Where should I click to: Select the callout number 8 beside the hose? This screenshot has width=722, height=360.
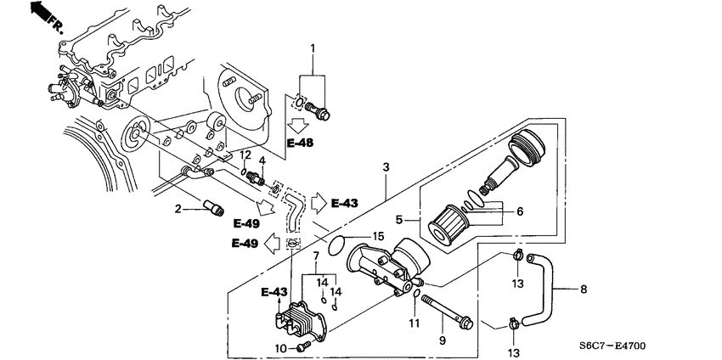584,290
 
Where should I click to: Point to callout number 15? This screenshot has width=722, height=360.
380,235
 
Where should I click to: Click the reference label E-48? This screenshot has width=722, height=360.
301,143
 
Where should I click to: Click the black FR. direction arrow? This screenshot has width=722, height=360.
37,12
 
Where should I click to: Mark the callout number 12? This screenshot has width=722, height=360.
245,155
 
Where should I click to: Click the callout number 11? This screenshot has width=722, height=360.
415,323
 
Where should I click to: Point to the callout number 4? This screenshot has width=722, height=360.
262,160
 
